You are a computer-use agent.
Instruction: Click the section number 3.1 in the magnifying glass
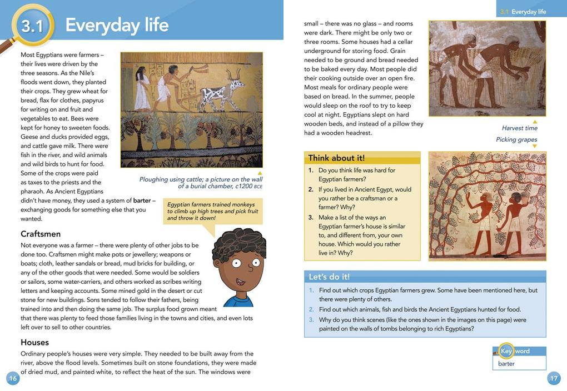click(32, 26)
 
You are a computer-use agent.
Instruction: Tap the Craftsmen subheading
click(41, 234)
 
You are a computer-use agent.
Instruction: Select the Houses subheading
click(34, 342)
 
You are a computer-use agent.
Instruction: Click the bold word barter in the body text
click(142, 200)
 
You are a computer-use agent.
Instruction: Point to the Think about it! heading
click(336, 158)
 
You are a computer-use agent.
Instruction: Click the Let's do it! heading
click(329, 277)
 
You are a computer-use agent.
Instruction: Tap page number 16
click(13, 378)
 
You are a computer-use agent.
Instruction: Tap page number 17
click(554, 378)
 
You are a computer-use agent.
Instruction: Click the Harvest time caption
click(519, 128)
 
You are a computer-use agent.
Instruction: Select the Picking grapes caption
click(516, 139)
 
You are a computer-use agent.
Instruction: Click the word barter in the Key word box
click(506, 364)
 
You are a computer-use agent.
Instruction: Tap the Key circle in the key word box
click(506, 351)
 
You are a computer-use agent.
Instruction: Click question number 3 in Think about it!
click(311, 218)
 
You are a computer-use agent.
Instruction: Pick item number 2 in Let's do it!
click(312, 309)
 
